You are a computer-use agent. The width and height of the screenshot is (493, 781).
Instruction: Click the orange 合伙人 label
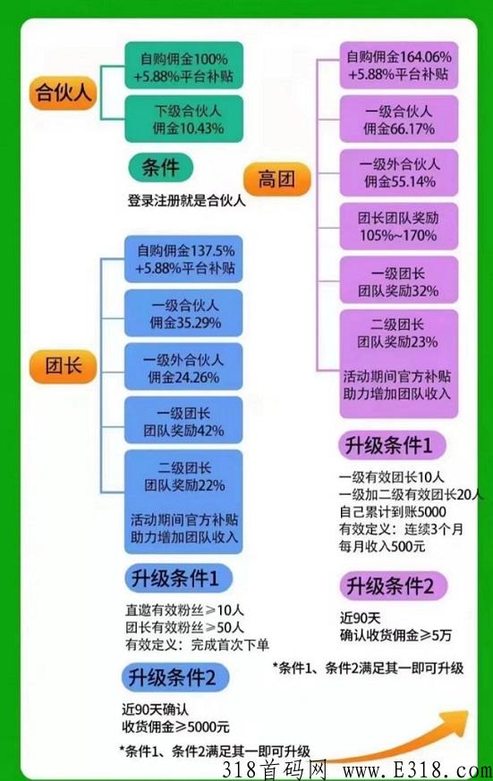[63, 93]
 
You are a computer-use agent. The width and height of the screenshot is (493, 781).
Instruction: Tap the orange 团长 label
[63, 366]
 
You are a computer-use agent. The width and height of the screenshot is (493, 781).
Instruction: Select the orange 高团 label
[276, 179]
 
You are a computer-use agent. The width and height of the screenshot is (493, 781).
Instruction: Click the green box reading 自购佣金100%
[184, 66]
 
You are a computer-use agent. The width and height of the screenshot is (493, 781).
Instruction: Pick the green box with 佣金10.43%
[184, 119]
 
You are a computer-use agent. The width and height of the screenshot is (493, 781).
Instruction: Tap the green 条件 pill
[160, 167]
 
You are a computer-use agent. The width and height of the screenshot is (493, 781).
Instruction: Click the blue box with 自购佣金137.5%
[183, 259]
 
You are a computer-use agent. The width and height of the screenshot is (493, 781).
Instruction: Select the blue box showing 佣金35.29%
[183, 313]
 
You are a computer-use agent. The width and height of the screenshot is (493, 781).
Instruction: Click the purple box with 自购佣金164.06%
[399, 65]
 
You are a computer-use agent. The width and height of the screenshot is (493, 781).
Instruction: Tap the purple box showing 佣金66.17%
[399, 119]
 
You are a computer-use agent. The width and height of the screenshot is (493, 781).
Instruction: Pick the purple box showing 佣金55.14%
[399, 172]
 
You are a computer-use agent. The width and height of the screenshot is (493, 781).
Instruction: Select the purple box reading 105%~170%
[399, 226]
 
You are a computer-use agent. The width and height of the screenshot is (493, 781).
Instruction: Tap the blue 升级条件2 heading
[174, 677]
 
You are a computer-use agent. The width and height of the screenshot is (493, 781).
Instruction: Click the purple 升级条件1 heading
[392, 445]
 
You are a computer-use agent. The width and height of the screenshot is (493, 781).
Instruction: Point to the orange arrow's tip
[468, 712]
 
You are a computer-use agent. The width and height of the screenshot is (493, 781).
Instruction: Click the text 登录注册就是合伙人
[186, 200]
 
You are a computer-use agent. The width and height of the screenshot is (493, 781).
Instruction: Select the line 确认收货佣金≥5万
[395, 635]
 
